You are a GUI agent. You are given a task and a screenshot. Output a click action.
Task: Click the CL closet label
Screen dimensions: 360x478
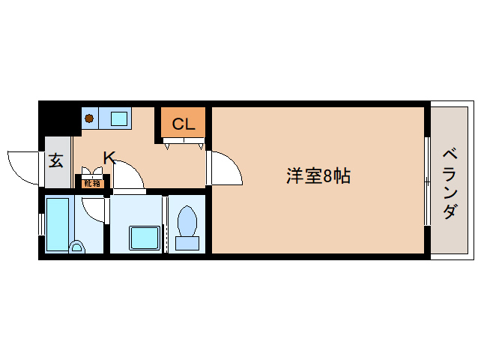coord(183,124)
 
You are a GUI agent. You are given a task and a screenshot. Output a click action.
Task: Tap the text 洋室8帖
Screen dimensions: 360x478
coord(319,178)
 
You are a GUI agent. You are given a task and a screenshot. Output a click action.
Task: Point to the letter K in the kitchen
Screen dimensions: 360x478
coord(109,157)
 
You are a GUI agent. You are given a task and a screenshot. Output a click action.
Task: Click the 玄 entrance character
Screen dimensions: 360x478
coord(55,160)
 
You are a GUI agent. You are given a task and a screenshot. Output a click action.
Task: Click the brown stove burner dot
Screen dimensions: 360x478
coord(90,118)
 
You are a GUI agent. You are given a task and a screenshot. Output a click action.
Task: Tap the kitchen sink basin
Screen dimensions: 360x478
coord(118,118)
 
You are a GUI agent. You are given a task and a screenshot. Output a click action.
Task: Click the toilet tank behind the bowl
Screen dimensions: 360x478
coord(186,242)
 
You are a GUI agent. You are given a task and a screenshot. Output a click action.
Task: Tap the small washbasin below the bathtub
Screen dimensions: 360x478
coord(76,246)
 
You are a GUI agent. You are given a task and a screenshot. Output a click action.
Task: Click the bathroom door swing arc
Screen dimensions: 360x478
coord(94,209)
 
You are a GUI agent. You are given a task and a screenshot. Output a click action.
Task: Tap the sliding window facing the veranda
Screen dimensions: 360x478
coord(426,180)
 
